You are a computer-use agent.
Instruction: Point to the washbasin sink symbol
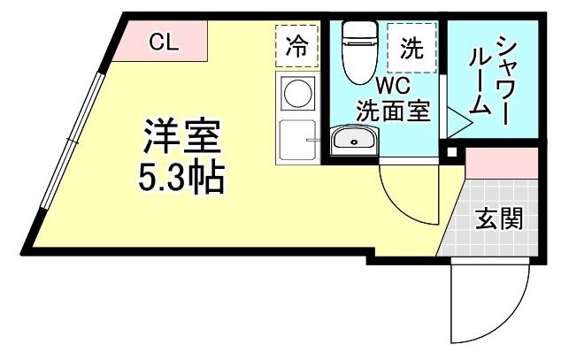pyautogui.click(x=355, y=141)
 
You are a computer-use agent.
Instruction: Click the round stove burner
pyautogui.click(x=297, y=94)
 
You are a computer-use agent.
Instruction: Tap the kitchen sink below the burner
pyautogui.click(x=296, y=140)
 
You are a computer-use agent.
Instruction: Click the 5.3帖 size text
pyautogui.click(x=181, y=180)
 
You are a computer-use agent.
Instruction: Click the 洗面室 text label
pyautogui.click(x=393, y=111)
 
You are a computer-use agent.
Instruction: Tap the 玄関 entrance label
pyautogui.click(x=497, y=218)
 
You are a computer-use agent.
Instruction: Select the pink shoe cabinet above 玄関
pyautogui.click(x=501, y=163)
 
